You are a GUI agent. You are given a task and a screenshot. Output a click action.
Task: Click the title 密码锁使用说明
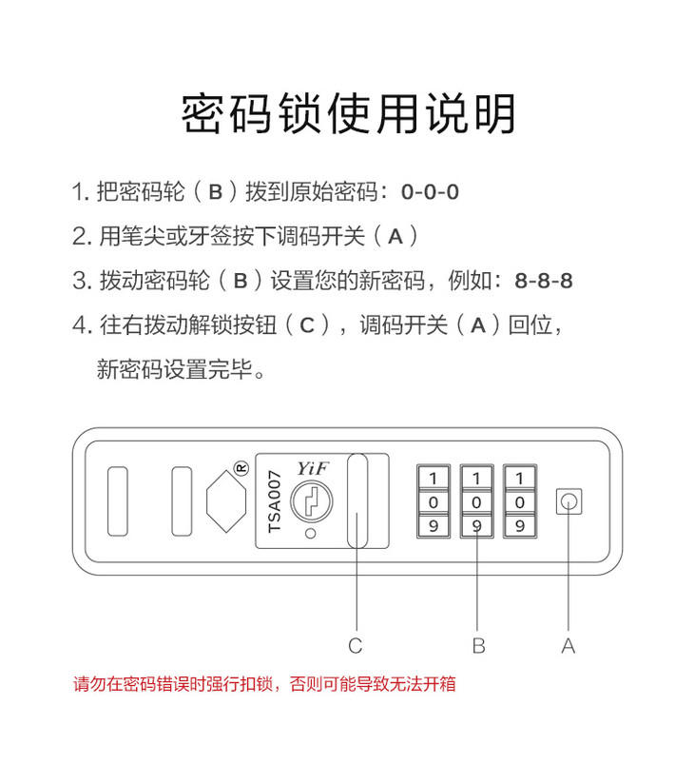(348, 114)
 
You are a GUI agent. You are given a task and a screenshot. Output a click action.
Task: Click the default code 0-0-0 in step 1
(430, 192)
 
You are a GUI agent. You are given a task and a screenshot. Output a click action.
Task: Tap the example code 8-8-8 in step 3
(544, 282)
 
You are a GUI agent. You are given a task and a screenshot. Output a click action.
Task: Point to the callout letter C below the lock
(356, 646)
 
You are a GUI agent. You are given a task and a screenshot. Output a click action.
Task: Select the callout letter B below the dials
(478, 646)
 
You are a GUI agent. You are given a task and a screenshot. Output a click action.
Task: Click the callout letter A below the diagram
(569, 646)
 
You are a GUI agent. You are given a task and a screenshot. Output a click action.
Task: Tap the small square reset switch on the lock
(569, 501)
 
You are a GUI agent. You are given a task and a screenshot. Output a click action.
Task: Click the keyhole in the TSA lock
(310, 500)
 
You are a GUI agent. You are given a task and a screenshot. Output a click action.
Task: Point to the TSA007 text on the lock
(275, 500)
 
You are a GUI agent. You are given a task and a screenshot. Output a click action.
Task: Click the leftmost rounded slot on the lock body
(118, 500)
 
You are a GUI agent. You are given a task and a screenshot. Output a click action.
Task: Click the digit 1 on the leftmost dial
(434, 478)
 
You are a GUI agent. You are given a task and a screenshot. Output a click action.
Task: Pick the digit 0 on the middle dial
(477, 501)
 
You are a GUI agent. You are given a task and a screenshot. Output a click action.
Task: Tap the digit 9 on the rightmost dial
(519, 525)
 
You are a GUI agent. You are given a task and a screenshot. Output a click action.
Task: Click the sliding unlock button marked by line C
(357, 500)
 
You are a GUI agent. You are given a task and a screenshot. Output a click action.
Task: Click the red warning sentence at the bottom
(264, 683)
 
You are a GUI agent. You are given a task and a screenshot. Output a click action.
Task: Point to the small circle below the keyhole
(310, 533)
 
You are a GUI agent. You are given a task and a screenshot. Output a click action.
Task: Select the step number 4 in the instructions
(80, 326)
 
